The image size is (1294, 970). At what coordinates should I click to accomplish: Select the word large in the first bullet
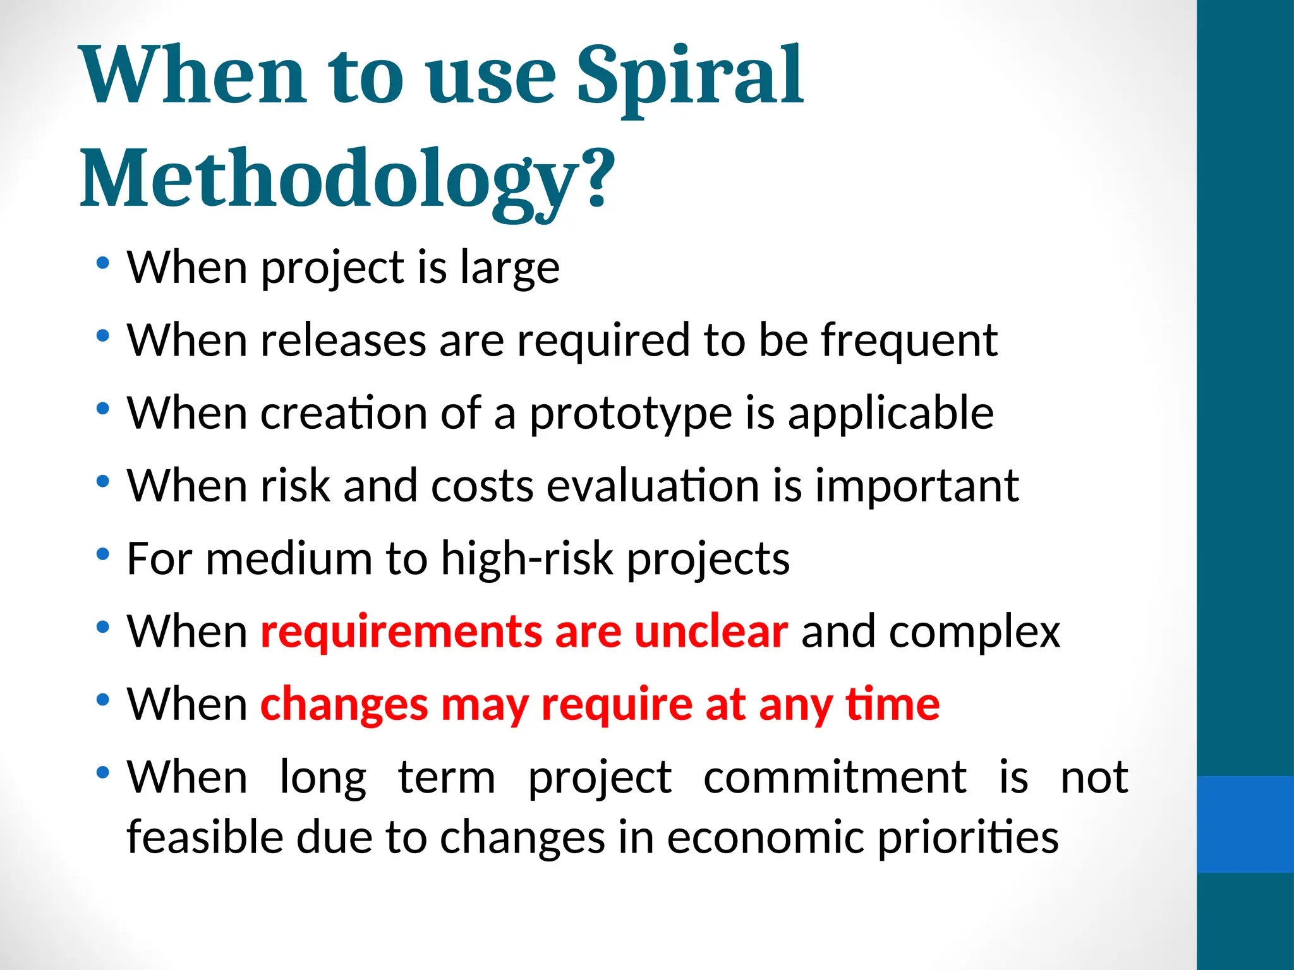tap(509, 268)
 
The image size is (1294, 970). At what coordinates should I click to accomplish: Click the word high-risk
tap(527, 559)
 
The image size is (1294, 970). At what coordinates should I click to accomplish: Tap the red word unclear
tap(710, 631)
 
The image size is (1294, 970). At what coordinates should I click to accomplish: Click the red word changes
tap(344, 705)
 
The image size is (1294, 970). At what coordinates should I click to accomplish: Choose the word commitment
tap(834, 777)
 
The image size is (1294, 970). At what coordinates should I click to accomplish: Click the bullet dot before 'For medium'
tap(103, 555)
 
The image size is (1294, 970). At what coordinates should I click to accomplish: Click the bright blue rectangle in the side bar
tap(1245, 824)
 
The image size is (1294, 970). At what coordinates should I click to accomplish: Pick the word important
tap(916, 486)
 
